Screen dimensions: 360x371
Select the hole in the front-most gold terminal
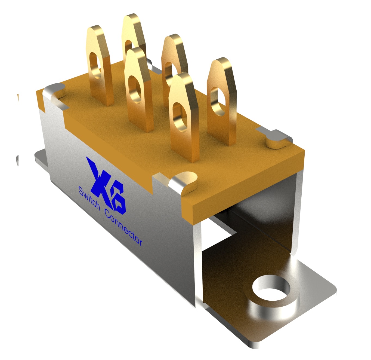tap(180, 116)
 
